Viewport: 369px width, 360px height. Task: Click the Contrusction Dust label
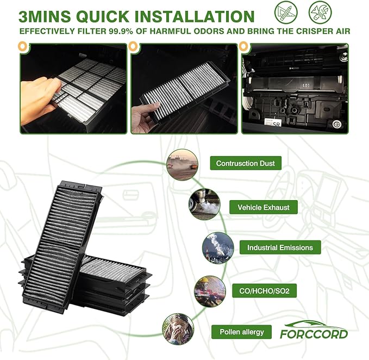pyautogui.click(x=246, y=163)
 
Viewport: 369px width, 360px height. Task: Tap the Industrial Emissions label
pyautogui.click(x=280, y=247)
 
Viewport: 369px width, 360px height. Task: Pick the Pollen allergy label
pyautogui.click(x=242, y=331)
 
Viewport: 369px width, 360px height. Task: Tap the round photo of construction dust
pyautogui.click(x=182, y=164)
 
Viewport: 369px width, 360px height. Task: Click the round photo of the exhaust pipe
pyautogui.click(x=205, y=204)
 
